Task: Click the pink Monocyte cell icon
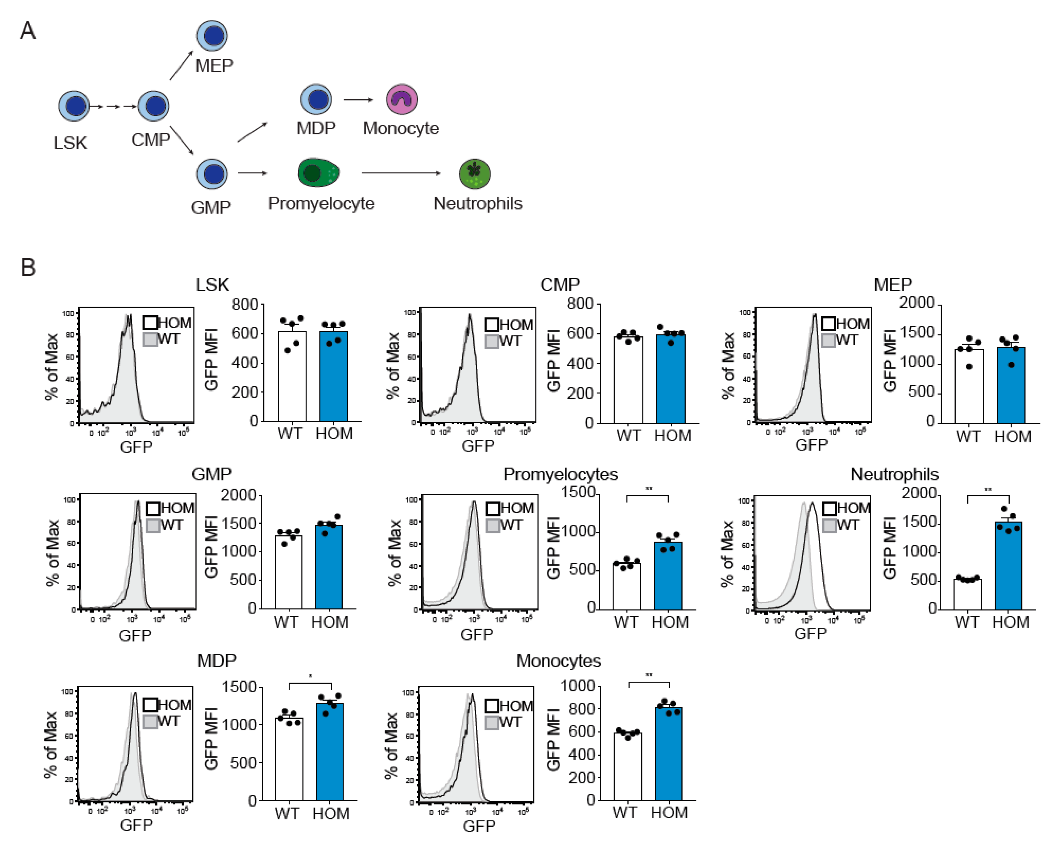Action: (x=402, y=99)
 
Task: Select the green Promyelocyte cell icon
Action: (x=318, y=173)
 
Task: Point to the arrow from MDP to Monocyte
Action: (x=358, y=100)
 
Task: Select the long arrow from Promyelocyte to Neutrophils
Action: (x=401, y=173)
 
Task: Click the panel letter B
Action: (x=28, y=268)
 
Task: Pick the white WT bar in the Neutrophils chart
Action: (x=967, y=594)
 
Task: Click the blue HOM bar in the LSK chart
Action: (x=334, y=376)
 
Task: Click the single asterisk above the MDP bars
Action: (x=310, y=677)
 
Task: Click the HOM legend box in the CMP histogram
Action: (x=492, y=325)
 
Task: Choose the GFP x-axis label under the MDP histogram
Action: (x=136, y=826)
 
